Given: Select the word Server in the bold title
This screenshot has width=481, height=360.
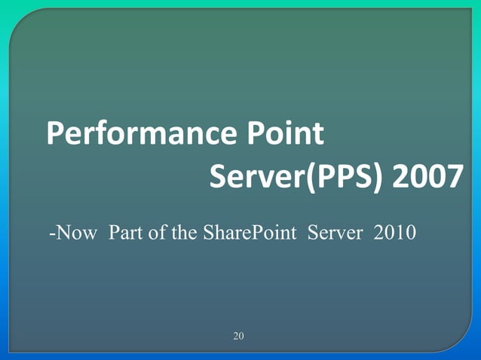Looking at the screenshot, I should click(x=254, y=178).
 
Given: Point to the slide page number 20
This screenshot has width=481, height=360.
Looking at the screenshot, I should click(x=238, y=335).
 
